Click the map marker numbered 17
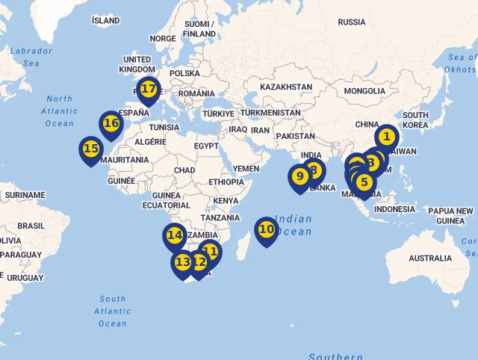(149, 89)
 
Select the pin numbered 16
(111, 123)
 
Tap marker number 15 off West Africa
(91, 149)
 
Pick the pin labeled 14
(175, 235)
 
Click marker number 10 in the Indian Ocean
(267, 229)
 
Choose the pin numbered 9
(299, 176)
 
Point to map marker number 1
(386, 137)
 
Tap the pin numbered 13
(182, 262)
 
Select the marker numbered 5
(364, 181)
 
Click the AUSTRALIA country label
(430, 258)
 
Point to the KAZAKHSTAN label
(286, 87)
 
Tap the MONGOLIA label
(364, 91)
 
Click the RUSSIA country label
(352, 22)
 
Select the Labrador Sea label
(31, 57)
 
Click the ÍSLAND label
(105, 20)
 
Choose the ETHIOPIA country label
(226, 182)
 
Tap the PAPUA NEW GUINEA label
(450, 216)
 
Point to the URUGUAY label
(25, 278)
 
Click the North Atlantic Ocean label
(60, 111)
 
